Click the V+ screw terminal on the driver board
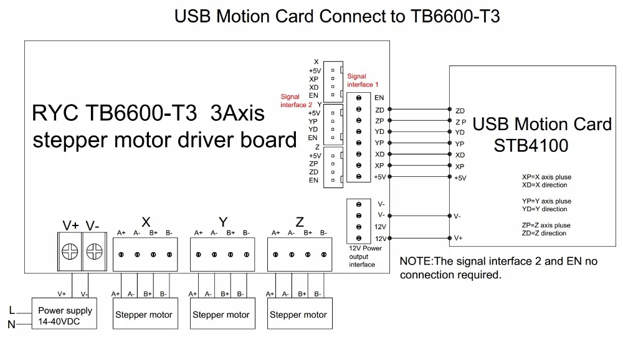[70, 252]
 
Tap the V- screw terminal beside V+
[94, 252]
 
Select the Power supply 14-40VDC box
[64, 313]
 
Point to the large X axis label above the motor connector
[146, 222]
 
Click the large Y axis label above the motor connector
[223, 222]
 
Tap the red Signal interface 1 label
[363, 80]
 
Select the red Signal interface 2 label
[296, 101]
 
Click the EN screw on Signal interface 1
[359, 98]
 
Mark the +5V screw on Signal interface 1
[359, 176]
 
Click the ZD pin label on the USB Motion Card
[460, 111]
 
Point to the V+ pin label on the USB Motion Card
[458, 238]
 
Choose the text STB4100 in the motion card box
[531, 145]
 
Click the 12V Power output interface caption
[365, 256]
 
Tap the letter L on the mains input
[12, 310]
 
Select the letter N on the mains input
[11, 324]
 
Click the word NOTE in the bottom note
[415, 261]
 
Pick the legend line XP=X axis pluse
[547, 177]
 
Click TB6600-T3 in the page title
[455, 16]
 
